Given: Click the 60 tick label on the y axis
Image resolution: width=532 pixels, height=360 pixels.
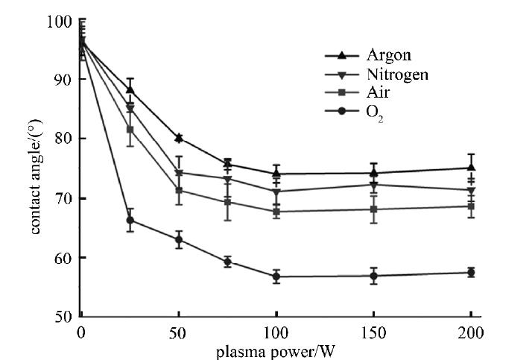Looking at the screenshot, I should point(63,257).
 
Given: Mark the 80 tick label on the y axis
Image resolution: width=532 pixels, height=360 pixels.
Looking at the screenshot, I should point(63,139).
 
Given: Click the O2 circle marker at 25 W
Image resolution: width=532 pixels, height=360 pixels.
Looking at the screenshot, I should point(130,220).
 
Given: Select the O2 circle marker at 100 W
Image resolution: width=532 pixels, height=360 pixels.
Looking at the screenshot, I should point(276,277).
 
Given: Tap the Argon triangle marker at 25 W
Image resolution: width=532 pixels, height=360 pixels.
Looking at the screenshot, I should point(130,89).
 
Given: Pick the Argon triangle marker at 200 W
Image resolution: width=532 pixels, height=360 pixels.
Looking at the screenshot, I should point(471,168).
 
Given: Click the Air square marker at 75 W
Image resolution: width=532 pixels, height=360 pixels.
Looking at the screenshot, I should point(227,202).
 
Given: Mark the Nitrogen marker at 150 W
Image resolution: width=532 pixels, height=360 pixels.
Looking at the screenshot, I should point(373,185).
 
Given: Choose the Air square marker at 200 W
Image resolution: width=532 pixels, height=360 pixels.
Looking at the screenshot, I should point(471,206).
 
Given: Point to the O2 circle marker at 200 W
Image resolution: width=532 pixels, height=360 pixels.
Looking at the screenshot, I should point(471,273).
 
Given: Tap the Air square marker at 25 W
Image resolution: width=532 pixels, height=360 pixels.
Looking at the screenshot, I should point(130,130).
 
